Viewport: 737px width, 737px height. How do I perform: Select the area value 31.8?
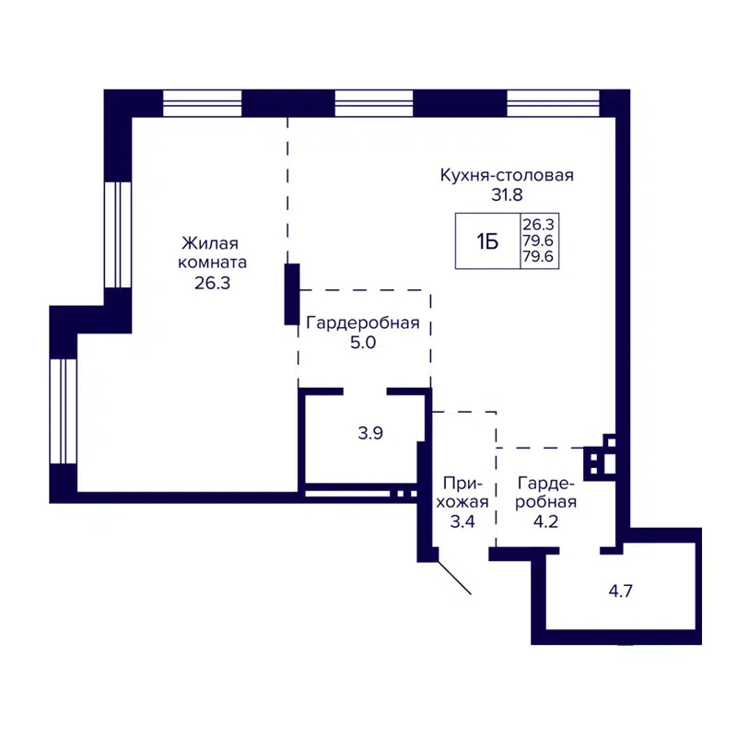pos(507,195)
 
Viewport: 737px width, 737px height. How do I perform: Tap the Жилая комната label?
pos(210,253)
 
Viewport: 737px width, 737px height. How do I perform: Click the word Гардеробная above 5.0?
pos(363,322)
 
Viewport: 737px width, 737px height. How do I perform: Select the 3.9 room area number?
pos(370,433)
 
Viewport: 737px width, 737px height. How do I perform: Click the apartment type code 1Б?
pos(487,241)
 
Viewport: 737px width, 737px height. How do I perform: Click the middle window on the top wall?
pos(374,103)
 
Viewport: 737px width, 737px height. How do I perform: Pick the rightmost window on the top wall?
pos(546,103)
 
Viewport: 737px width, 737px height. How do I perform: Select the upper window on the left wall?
pos(117,235)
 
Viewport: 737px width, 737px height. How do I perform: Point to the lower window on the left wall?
pos(63,411)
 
